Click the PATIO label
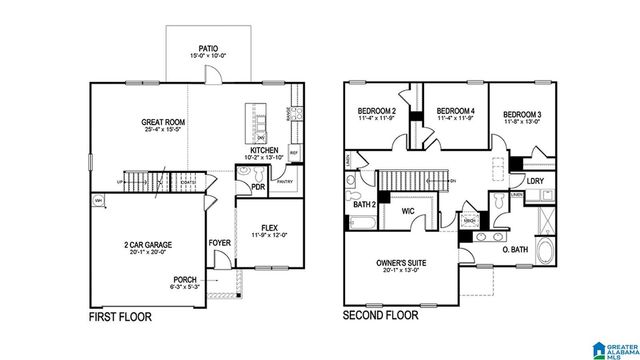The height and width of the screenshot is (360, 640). click(x=208, y=47)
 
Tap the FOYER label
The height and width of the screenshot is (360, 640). click(x=218, y=242)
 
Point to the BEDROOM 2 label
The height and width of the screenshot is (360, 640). click(x=378, y=111)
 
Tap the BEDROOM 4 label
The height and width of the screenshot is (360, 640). click(x=455, y=111)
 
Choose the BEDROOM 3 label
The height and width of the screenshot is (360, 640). click(x=522, y=115)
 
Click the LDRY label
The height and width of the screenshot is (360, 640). click(x=534, y=180)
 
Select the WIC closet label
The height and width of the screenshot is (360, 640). click(x=408, y=211)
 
